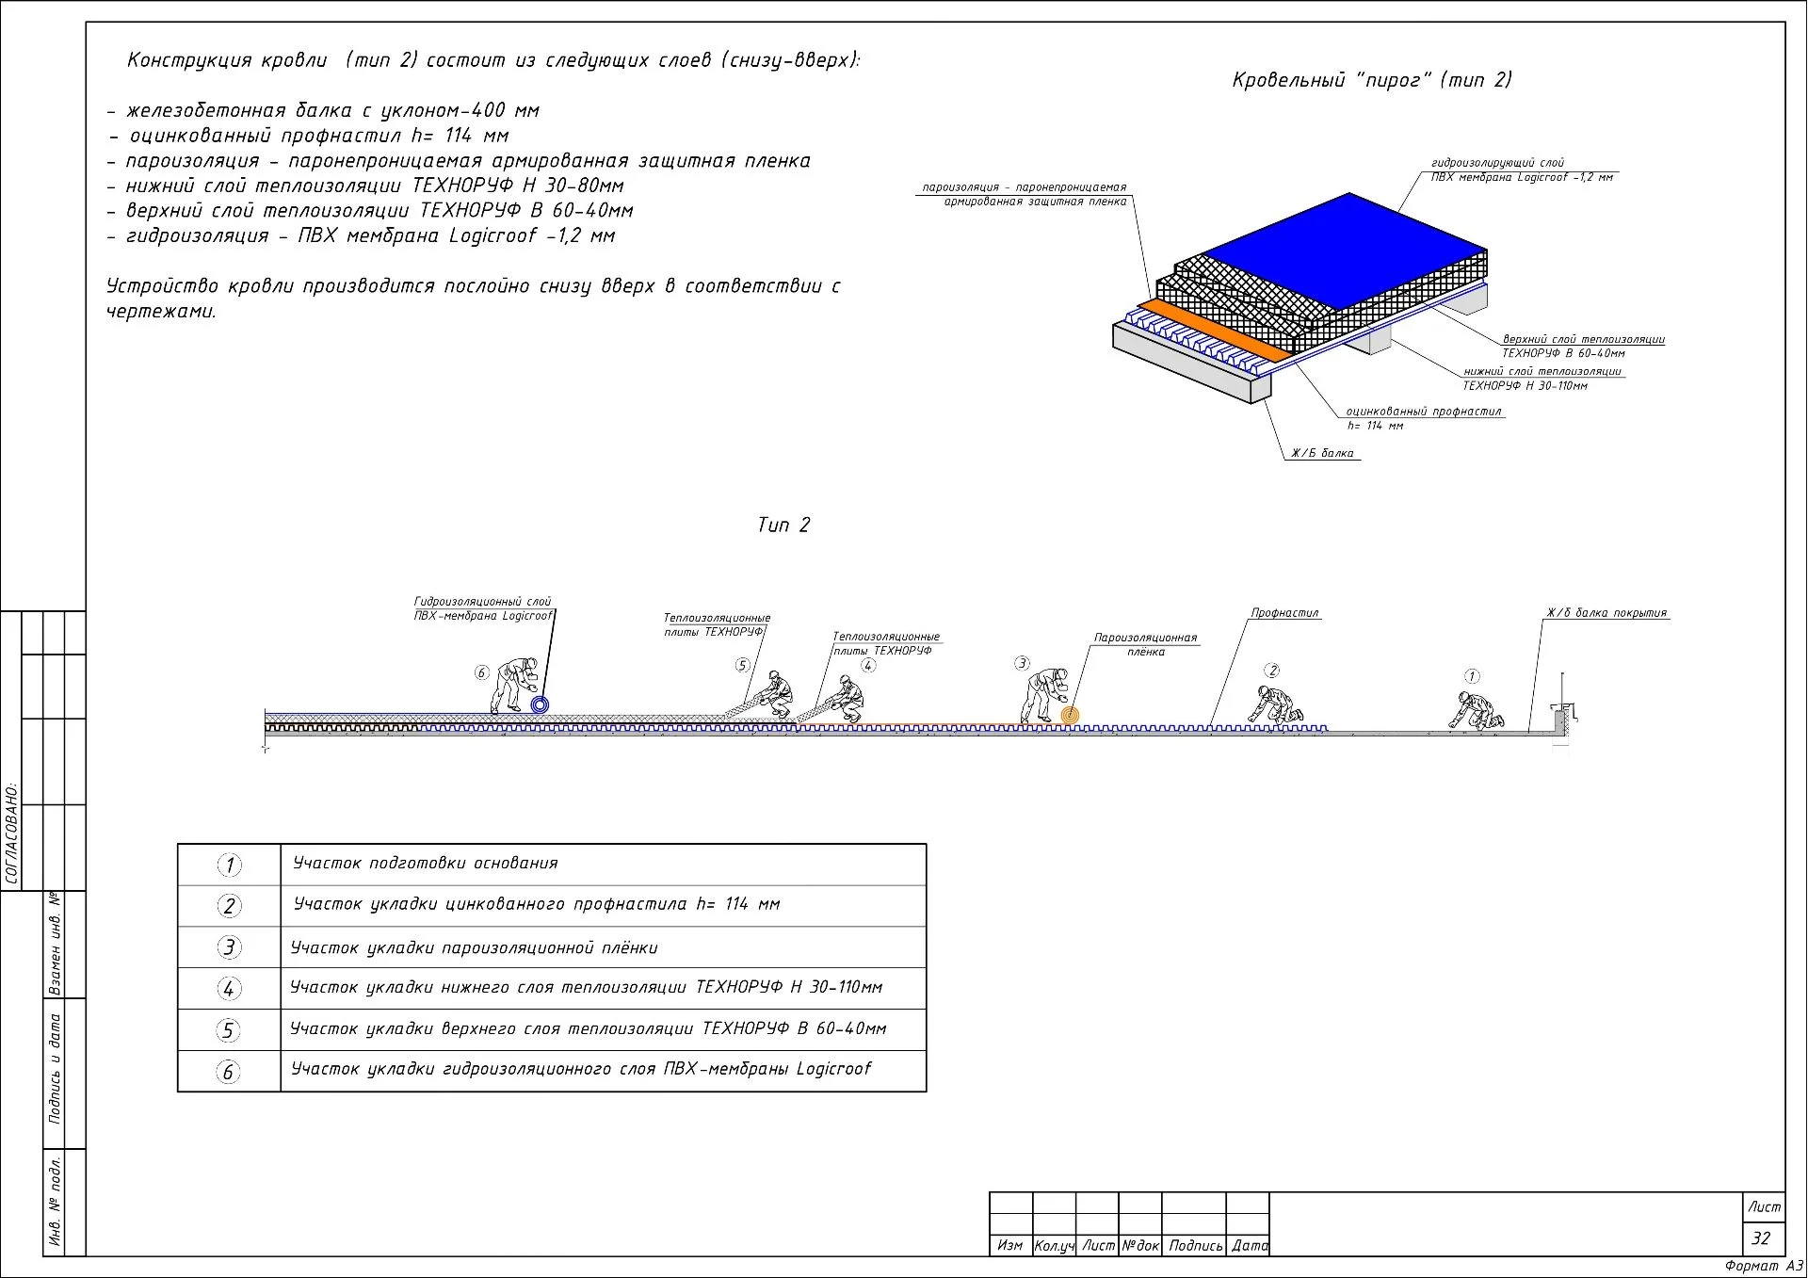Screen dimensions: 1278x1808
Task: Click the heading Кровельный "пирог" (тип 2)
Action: (x=1371, y=80)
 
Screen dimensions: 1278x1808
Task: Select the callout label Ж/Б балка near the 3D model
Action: (x=1322, y=454)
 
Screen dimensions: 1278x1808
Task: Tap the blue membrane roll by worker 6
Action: (x=540, y=704)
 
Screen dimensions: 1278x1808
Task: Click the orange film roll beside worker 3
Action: (x=1069, y=716)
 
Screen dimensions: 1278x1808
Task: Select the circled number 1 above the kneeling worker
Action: (x=1472, y=676)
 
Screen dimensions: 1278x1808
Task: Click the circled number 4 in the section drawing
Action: (x=868, y=666)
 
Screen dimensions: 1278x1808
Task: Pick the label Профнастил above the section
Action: (x=1284, y=613)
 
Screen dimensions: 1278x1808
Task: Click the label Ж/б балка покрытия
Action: (x=1606, y=613)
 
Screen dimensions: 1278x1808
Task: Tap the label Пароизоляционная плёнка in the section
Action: (x=1144, y=644)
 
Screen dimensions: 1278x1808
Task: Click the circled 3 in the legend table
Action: (x=229, y=947)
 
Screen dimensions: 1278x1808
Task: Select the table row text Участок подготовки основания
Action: (x=425, y=864)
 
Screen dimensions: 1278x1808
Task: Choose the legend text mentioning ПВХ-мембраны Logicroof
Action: (x=580, y=1070)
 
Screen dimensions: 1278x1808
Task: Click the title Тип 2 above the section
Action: (x=783, y=526)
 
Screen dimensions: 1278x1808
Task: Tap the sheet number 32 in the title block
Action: (x=1760, y=1238)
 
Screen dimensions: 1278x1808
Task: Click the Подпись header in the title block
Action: (x=1194, y=1246)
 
